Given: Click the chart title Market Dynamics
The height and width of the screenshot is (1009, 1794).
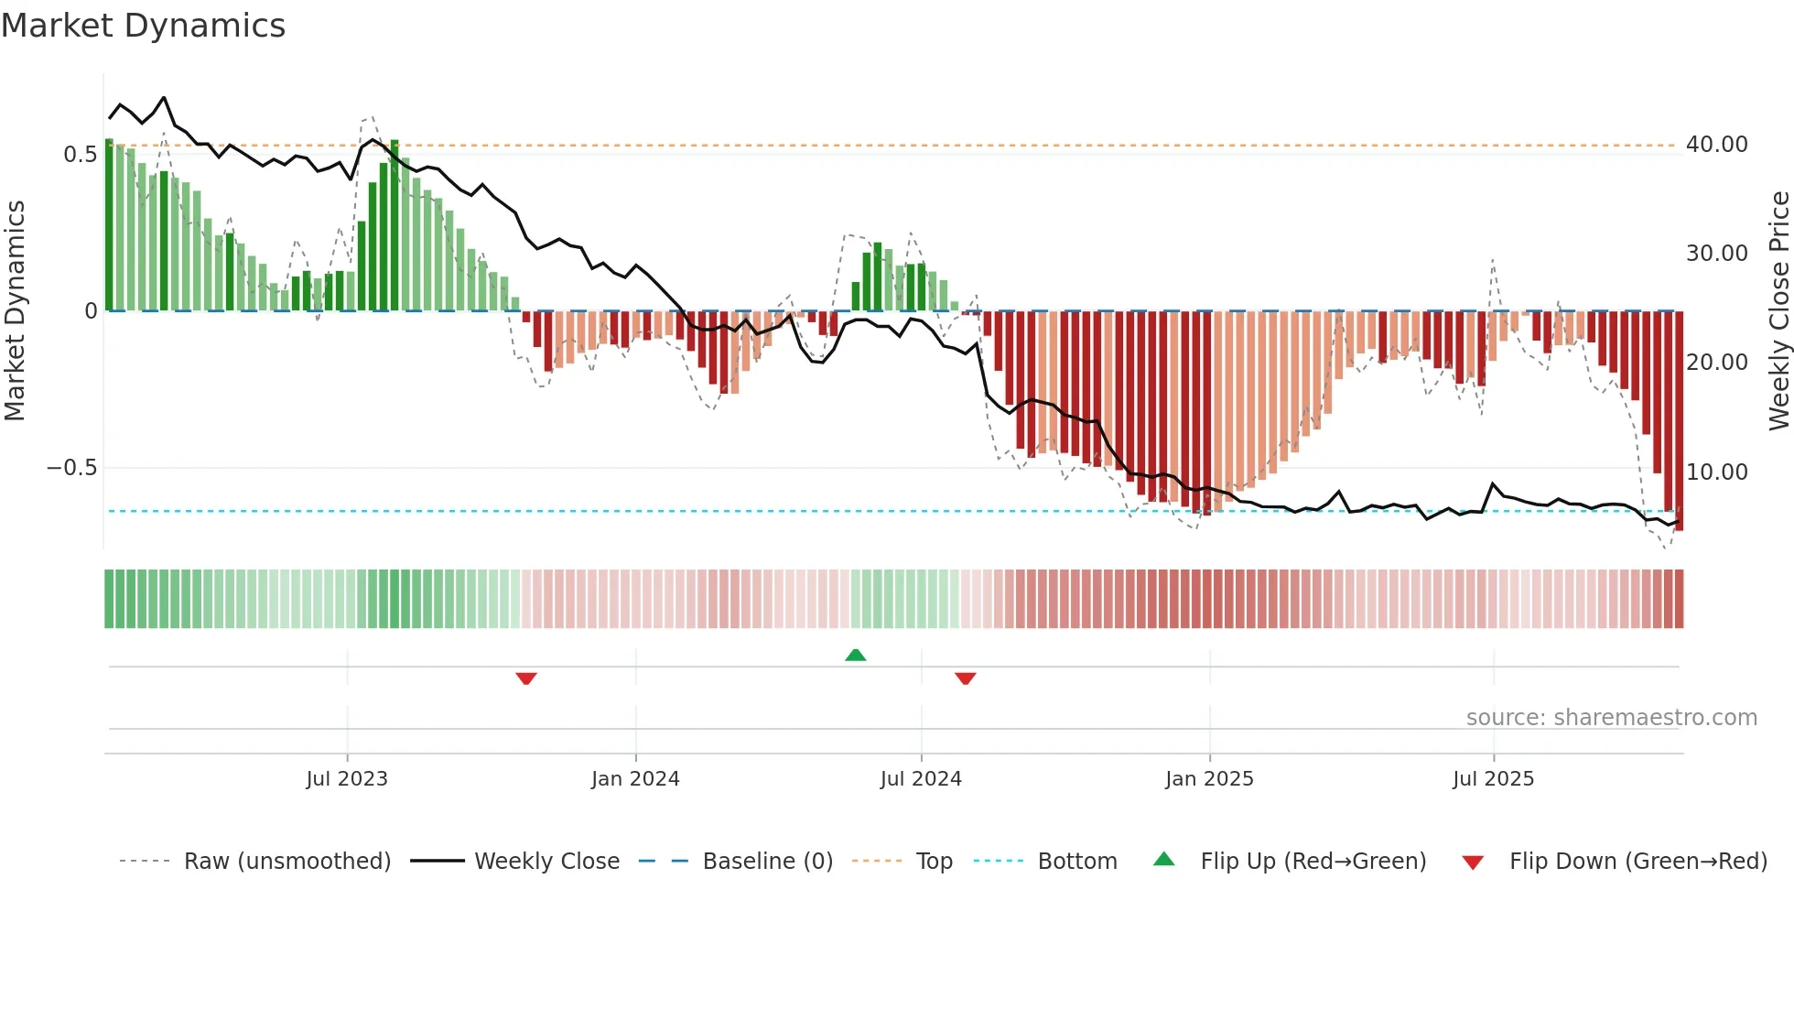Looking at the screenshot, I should coord(144,26).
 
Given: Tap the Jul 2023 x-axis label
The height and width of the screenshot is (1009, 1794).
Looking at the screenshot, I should coord(347,779).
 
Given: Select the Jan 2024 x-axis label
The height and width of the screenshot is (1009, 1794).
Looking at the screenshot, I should coord(635,779).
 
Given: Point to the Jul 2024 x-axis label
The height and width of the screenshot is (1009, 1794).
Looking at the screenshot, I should coord(921,779).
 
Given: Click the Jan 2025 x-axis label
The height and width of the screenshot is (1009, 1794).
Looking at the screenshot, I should coord(1209,779).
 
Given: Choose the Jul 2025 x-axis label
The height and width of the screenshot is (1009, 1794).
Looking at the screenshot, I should coord(1493,779).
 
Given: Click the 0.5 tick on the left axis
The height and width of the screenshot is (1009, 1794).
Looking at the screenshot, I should coord(81,155).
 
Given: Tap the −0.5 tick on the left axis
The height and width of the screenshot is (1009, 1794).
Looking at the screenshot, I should coord(72,468).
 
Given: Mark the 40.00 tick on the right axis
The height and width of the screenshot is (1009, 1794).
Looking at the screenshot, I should coord(1716,145).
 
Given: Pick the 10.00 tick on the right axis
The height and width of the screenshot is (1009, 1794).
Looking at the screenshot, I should coord(1716,472).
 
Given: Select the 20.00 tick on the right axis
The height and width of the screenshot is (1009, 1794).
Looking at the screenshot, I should coord(1716,363).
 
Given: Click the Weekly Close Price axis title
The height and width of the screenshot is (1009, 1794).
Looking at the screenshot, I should coord(1778,310).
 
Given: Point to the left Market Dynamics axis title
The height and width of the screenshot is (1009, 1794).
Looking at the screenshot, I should coord(15,310).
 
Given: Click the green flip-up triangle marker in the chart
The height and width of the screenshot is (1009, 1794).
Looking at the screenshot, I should coord(855,656).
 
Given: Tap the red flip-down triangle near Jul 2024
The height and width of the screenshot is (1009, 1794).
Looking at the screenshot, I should coord(966,678).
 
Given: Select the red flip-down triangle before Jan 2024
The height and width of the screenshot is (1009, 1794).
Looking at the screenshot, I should coord(526,678).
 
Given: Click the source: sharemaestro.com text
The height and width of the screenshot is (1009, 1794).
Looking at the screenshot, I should coord(1611,718).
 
